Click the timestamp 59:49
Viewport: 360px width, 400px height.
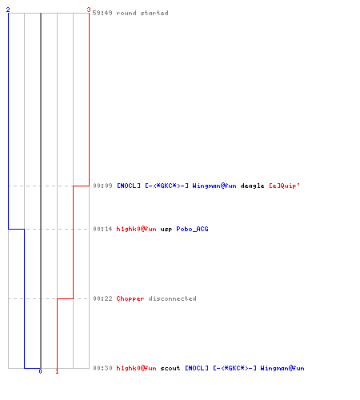(x=102, y=13)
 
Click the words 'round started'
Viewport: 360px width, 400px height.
(x=142, y=13)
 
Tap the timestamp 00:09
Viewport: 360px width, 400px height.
(x=102, y=186)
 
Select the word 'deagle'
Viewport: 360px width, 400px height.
(x=252, y=186)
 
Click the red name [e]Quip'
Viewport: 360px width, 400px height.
(x=284, y=186)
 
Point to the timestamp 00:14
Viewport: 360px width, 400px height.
(x=102, y=229)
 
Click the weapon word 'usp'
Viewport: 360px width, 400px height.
(x=166, y=230)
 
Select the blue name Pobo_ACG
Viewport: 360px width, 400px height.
(x=192, y=229)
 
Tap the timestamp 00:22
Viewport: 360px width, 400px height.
(x=102, y=298)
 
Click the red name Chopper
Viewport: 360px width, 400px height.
(x=130, y=298)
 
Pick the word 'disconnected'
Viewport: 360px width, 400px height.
(x=172, y=298)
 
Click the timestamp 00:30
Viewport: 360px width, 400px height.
(x=102, y=368)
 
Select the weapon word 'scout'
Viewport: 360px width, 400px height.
(x=170, y=368)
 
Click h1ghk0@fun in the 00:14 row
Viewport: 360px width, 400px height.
(x=136, y=229)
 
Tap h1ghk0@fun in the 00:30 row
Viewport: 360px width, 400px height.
(x=136, y=368)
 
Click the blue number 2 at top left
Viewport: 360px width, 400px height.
(x=8, y=10)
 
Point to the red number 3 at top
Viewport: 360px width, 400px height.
(x=89, y=10)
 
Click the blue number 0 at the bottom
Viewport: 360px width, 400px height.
(x=40, y=371)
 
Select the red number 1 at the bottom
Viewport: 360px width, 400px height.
(x=57, y=371)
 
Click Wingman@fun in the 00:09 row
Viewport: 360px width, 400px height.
(x=214, y=186)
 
